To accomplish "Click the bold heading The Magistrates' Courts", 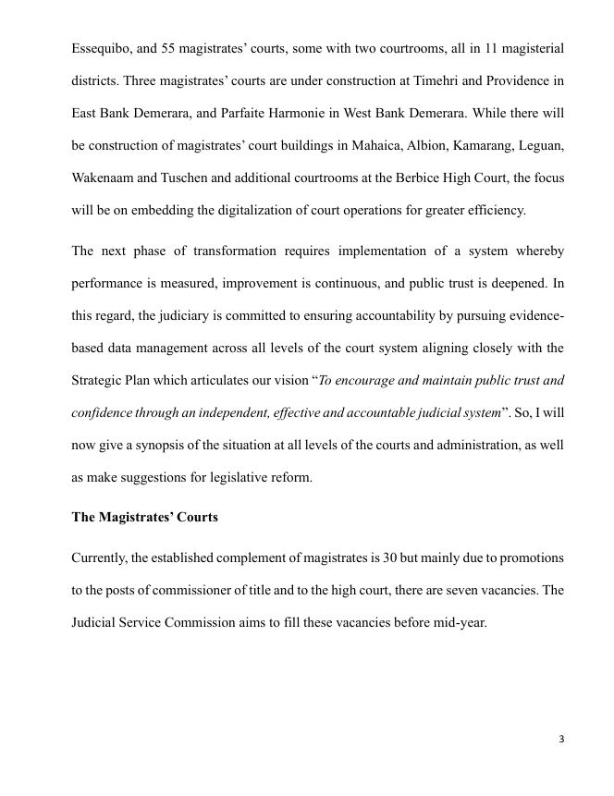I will click(144, 518).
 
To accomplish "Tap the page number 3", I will click(561, 739).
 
